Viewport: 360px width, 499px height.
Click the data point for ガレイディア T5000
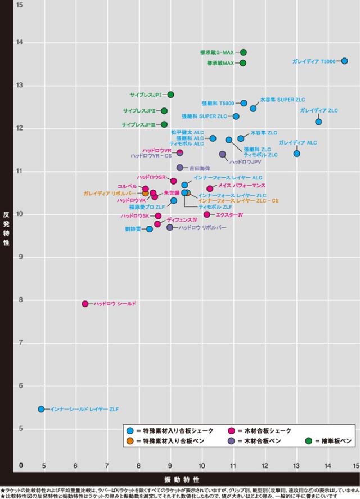pos(344,61)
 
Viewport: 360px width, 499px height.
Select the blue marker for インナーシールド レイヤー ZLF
pos(41,409)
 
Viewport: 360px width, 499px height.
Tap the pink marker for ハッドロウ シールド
pos(85,304)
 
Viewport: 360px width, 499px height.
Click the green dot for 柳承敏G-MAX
pos(243,52)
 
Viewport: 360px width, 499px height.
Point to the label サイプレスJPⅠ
pos(146,95)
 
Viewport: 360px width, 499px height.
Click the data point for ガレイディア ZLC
pos(318,122)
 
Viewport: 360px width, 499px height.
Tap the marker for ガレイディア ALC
pos(296,154)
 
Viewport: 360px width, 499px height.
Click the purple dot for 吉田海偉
pos(180,168)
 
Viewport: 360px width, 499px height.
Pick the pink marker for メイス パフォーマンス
pos(210,188)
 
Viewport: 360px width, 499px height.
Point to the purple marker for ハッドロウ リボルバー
pos(170,227)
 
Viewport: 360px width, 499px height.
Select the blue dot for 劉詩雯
pos(150,229)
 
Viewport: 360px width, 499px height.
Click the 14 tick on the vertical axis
pos(20,42)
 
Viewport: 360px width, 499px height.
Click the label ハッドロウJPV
pos(245,162)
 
